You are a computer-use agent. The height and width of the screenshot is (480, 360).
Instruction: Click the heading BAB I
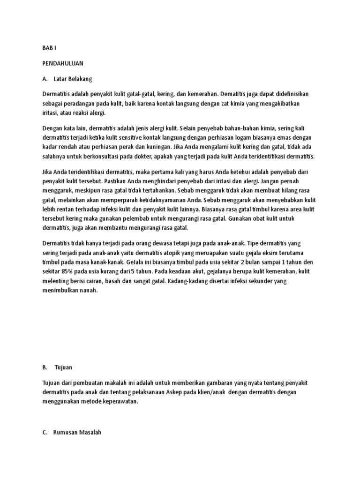pyautogui.click(x=49, y=47)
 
